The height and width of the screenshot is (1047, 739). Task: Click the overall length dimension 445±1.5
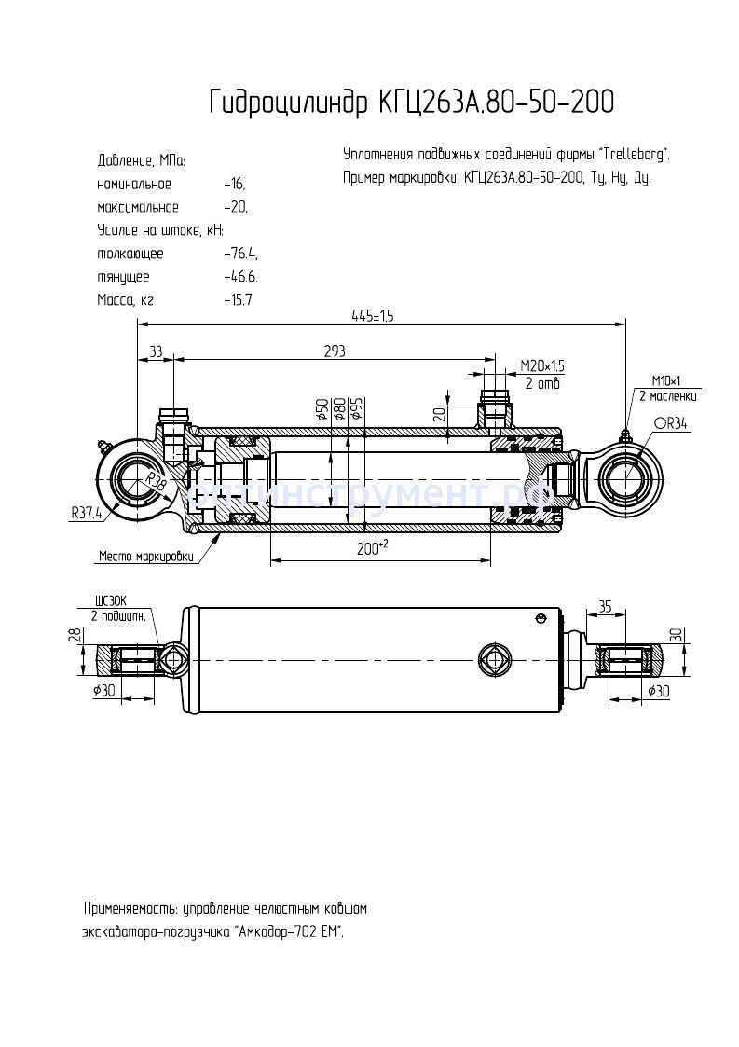click(373, 316)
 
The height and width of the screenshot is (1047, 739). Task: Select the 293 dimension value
click(335, 351)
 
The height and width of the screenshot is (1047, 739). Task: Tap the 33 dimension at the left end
click(156, 351)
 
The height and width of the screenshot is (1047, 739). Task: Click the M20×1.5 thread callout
click(542, 365)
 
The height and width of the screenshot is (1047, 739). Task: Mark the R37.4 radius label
click(87, 512)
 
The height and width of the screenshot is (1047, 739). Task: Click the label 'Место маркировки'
click(147, 557)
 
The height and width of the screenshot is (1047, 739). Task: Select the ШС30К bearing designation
click(110, 602)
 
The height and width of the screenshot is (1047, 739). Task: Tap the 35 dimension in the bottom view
click(606, 606)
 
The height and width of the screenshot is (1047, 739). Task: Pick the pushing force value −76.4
click(241, 254)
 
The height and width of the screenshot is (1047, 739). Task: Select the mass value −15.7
click(238, 299)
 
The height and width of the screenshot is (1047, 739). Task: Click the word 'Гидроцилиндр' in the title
click(289, 103)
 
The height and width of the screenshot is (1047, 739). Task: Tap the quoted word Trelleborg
click(634, 154)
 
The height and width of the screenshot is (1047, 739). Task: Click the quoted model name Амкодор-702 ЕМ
click(290, 930)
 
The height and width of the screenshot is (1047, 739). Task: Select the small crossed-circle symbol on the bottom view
click(540, 617)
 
